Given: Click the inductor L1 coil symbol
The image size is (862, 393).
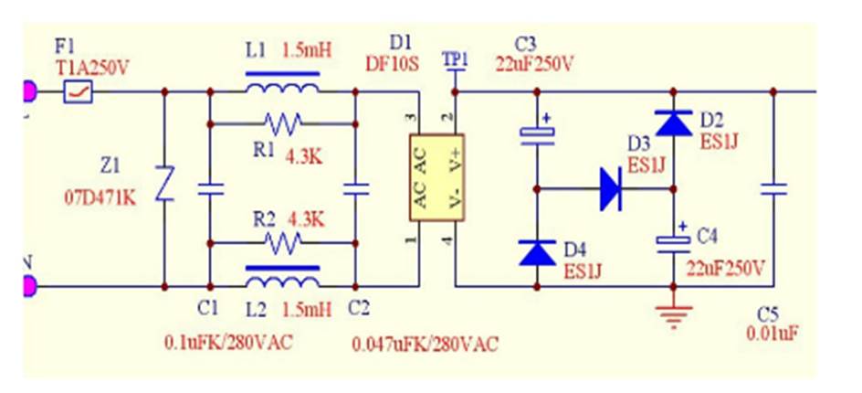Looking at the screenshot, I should tap(282, 89).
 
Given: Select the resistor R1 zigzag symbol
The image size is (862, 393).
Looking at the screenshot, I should tap(282, 122).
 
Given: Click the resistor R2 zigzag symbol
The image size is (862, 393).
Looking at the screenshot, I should tap(282, 242).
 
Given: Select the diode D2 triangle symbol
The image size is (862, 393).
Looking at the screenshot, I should tap(674, 122).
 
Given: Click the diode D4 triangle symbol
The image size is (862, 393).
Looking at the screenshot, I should tap(536, 252).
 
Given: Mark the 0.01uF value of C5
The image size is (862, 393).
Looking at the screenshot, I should tap(773, 334).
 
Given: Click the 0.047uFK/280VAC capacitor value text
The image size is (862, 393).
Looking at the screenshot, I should tap(426, 345).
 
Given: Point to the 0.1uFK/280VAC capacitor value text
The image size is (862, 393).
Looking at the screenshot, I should tap(228, 343).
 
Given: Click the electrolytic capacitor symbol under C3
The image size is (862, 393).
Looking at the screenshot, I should tap(536, 134).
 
